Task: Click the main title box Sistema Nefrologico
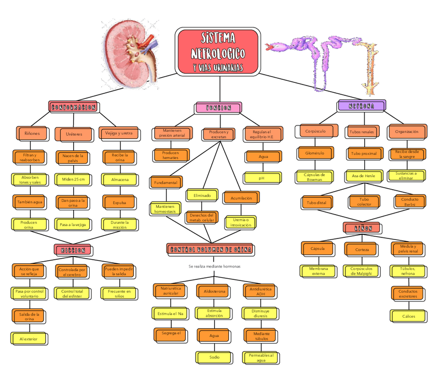[x=218, y=51]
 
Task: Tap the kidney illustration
[x=132, y=54]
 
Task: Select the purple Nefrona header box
[x=361, y=106]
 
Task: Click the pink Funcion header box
[x=218, y=108]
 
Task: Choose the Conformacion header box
[x=73, y=107]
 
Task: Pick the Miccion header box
[x=73, y=250]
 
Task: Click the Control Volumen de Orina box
[x=210, y=249]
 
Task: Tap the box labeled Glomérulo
[x=311, y=153]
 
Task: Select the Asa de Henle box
[x=363, y=176]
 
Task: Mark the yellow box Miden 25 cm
[x=73, y=179]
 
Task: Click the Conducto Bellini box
[x=410, y=202]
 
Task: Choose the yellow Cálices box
[x=408, y=316]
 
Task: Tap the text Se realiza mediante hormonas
[x=214, y=266]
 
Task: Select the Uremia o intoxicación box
[x=240, y=222]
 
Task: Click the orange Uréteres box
[x=73, y=134]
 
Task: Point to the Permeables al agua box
[x=261, y=358]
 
